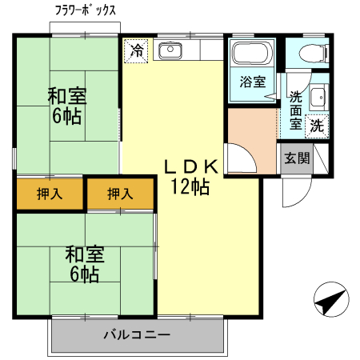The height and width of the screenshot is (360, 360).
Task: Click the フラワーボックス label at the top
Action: tap(86, 10)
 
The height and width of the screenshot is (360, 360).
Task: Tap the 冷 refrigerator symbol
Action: tap(136, 50)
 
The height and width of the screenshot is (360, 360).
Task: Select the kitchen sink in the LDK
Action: tap(171, 50)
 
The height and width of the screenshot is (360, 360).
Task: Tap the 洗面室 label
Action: tap(295, 110)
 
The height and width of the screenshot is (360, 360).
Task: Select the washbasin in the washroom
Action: tap(317, 97)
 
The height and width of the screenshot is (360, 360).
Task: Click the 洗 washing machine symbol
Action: tap(317, 125)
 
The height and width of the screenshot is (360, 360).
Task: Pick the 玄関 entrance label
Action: tap(297, 158)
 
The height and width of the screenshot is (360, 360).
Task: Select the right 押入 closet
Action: tap(121, 194)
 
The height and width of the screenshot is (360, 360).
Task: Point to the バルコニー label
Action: tap(136, 334)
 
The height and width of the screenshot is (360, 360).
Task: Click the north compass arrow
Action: tap(330, 302)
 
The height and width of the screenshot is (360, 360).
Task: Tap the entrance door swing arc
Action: tap(295, 190)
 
